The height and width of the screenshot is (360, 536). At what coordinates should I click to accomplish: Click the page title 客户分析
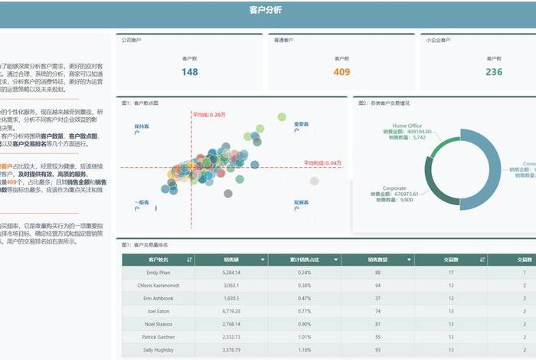point(266,10)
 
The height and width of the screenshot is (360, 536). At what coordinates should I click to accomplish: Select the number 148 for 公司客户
point(190,72)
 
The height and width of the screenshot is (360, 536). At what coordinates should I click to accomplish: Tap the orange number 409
point(342,72)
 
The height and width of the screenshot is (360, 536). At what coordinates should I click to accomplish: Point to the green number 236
point(494,72)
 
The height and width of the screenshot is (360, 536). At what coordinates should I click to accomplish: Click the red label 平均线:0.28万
point(208,114)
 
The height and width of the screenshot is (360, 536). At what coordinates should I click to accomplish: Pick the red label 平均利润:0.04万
point(322,162)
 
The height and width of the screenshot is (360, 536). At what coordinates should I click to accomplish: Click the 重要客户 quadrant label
point(302,124)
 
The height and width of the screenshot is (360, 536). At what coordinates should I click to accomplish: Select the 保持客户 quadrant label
point(142,129)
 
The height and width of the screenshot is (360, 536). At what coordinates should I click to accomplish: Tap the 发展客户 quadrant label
point(302,205)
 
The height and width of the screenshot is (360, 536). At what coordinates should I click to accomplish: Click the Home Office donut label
point(407,125)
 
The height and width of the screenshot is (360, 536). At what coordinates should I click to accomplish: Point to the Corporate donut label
point(394,188)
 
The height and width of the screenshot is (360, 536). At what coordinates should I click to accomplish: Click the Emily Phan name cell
point(159,273)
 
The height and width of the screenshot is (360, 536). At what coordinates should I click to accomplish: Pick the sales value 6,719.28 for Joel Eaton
point(232,312)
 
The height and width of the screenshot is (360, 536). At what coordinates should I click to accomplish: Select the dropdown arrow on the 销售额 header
point(263,260)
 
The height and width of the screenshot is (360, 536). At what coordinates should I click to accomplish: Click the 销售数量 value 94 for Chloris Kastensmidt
point(377,286)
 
